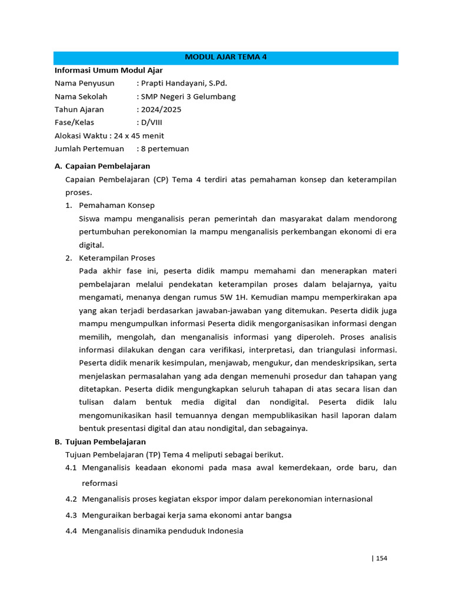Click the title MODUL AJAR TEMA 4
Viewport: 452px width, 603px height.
tap(226, 58)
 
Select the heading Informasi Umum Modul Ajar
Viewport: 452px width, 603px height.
tap(108, 70)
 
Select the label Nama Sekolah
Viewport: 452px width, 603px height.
tap(81, 97)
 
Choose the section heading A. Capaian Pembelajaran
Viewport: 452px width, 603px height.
tap(102, 166)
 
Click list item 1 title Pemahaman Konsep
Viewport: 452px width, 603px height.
tap(118, 206)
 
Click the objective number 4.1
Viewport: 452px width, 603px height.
tap(71, 468)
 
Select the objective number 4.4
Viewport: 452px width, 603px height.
tap(71, 531)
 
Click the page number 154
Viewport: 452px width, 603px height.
tap(381, 558)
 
